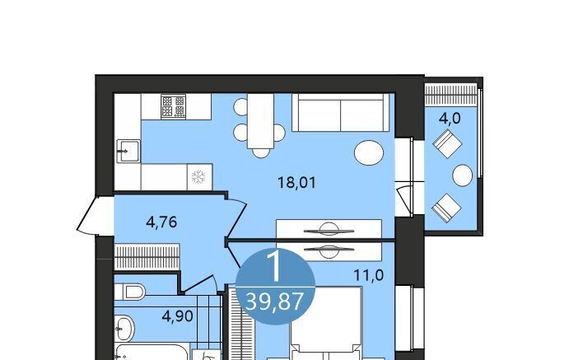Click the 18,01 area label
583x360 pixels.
point(296,183)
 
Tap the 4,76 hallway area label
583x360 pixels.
point(161,222)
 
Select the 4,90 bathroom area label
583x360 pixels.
point(177,316)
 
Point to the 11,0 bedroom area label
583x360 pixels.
point(368,276)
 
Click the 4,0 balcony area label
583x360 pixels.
point(450,119)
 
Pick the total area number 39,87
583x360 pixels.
point(275,302)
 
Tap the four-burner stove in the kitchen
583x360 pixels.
point(173,106)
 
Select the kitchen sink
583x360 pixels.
point(128,151)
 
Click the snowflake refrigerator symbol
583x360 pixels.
point(198,176)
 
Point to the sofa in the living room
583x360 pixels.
point(340,113)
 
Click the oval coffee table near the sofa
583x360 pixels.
point(369,153)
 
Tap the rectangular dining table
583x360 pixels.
point(261,121)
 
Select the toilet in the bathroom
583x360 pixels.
point(129,292)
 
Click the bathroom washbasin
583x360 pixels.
point(124,329)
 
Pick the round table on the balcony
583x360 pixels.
point(463,175)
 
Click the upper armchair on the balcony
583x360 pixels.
point(447,143)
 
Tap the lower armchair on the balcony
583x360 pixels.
point(446,208)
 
